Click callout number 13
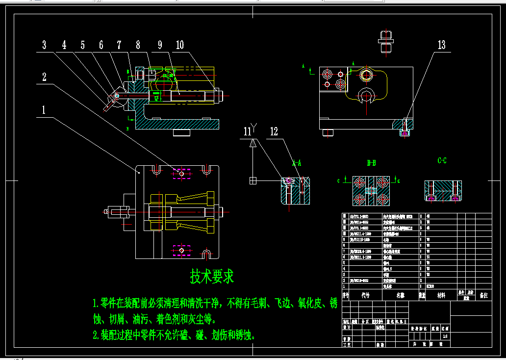tap(441, 45)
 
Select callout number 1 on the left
tap(44, 110)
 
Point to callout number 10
tap(179, 45)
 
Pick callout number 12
tap(274, 131)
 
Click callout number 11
tap(248, 131)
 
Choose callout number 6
tap(101, 45)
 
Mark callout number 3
tap(44, 45)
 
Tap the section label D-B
tap(371, 162)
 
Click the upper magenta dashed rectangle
tap(181, 173)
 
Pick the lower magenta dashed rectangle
tap(181, 250)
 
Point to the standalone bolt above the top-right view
tap(386, 42)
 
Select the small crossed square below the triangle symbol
tap(253, 180)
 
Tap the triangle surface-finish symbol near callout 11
tap(253, 143)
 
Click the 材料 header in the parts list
tap(441, 296)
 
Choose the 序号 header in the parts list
tap(346, 296)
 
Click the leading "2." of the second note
tap(96, 335)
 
